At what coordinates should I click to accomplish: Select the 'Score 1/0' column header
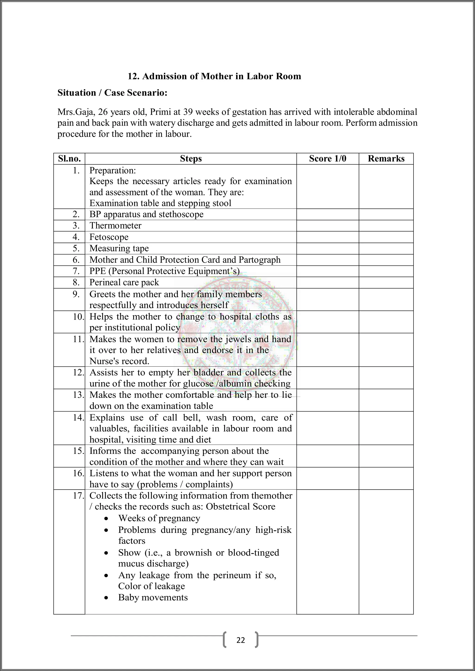coord(327,159)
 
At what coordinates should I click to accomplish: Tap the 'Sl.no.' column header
coord(69,159)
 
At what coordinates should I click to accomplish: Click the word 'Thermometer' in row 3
coord(115,226)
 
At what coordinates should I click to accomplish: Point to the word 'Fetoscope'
coord(109,237)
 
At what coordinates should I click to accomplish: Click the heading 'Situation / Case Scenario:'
coord(112,93)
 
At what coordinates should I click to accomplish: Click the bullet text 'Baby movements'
coord(153,597)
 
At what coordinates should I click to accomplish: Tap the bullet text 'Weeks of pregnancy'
coord(159,518)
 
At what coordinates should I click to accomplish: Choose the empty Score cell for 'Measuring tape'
coord(327,248)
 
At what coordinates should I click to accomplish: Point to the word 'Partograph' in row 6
coord(260,260)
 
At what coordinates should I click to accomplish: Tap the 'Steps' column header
coord(191,159)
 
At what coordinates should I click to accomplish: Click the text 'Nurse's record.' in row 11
coord(119,361)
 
